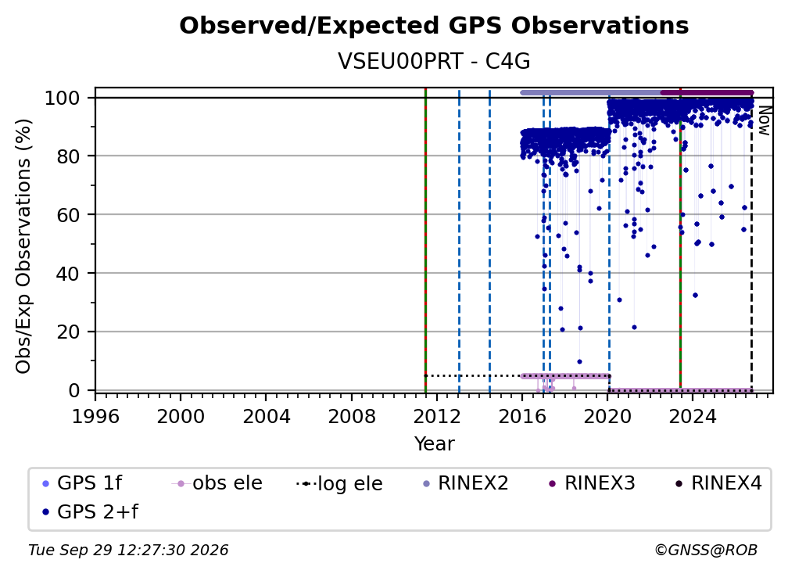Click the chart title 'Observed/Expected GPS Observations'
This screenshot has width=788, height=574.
(x=434, y=26)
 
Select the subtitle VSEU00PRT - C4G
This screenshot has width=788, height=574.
(x=434, y=61)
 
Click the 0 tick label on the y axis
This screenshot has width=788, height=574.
(x=74, y=390)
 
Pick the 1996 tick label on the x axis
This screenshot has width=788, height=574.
(x=95, y=417)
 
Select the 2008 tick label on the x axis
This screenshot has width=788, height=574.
(x=351, y=417)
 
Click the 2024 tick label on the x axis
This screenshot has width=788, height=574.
(x=693, y=417)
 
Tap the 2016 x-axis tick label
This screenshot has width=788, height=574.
(x=522, y=417)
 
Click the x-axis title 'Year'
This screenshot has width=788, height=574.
(x=434, y=444)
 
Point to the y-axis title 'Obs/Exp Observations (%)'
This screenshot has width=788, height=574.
(x=23, y=246)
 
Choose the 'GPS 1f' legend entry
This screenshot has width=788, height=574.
(x=82, y=483)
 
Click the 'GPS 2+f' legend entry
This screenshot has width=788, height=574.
(x=91, y=512)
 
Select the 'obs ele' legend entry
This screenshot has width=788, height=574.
(x=217, y=483)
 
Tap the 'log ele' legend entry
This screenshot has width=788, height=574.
(x=340, y=483)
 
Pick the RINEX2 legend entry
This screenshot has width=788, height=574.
(x=466, y=483)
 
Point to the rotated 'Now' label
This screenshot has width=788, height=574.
(x=764, y=120)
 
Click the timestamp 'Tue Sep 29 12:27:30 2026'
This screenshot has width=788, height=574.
(x=128, y=551)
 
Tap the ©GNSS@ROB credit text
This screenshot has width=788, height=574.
(x=706, y=551)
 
